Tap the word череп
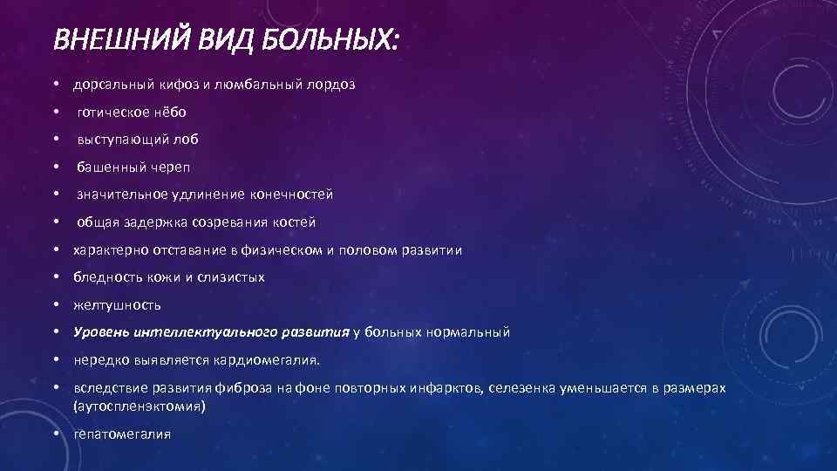tap(170, 167)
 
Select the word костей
tap(296, 222)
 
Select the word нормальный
tap(468, 332)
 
